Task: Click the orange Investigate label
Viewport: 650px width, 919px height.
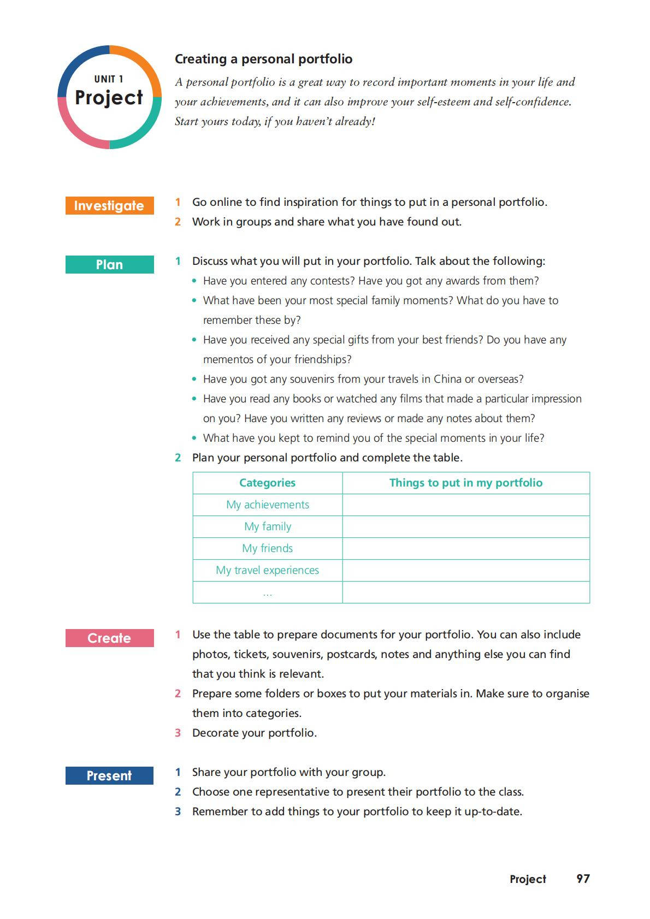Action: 109,205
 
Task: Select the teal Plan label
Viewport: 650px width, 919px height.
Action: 109,264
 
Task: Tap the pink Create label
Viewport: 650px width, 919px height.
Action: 109,638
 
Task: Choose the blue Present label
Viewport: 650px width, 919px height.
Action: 109,775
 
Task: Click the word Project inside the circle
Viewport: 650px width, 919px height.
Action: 109,98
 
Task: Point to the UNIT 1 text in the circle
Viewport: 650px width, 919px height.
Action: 109,79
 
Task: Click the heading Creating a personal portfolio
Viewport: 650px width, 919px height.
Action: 263,59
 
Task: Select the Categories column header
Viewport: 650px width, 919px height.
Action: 267,483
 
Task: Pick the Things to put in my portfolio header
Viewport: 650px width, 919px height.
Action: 465,483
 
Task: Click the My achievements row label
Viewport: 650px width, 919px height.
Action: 267,505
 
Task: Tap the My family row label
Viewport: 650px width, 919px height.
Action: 267,526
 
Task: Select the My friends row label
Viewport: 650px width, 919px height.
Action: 267,548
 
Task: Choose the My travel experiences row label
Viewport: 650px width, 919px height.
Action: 267,570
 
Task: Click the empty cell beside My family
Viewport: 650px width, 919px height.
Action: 465,526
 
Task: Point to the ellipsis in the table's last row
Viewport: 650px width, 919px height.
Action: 267,594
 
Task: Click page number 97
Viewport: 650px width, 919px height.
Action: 583,879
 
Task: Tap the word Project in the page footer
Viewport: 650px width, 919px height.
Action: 528,879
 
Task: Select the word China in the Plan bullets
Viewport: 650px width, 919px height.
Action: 447,379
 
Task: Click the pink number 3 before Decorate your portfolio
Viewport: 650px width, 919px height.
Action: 178,733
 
